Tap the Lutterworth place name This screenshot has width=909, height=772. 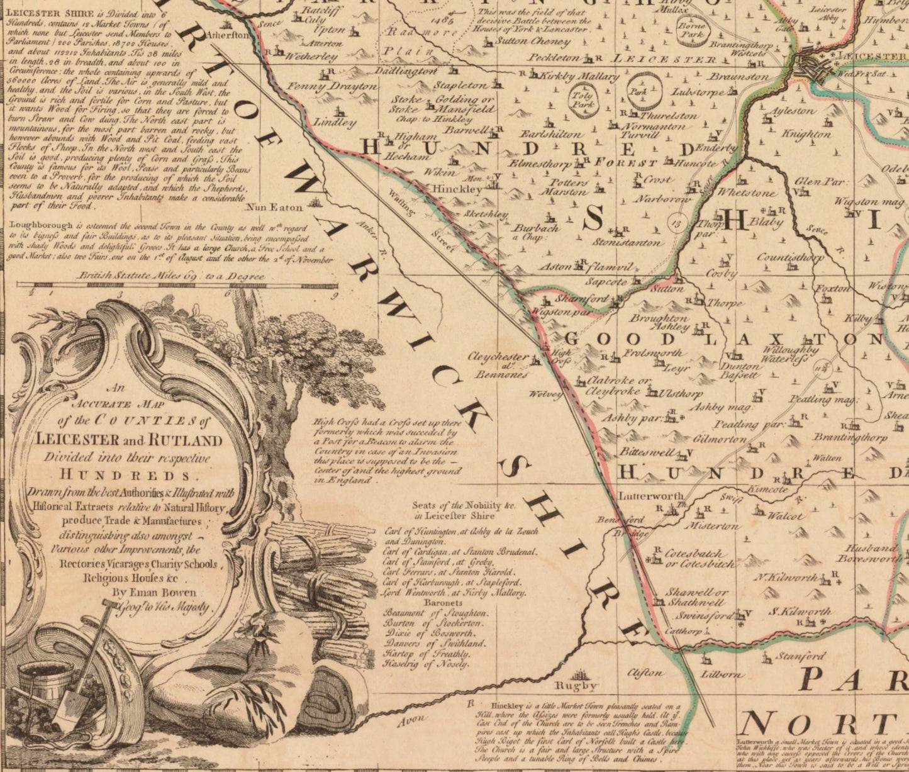point(650,495)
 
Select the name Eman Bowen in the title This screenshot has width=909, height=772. point(165,592)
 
